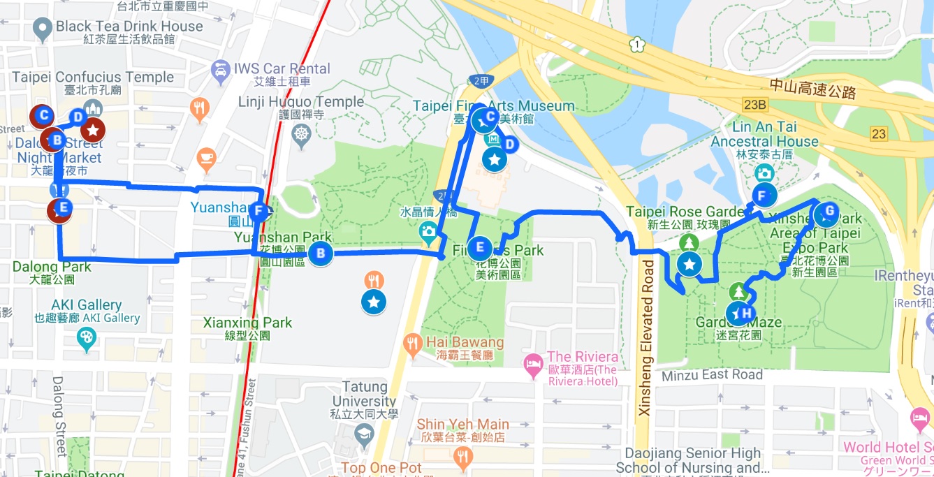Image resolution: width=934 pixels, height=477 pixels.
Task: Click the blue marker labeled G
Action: [x=829, y=211]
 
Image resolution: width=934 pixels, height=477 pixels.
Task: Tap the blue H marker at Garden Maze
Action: [x=746, y=314]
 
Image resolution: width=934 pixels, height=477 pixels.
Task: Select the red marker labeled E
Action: [x=61, y=208]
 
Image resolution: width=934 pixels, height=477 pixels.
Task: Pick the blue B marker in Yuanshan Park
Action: [x=320, y=254]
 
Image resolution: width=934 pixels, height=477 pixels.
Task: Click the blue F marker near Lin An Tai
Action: [x=762, y=196]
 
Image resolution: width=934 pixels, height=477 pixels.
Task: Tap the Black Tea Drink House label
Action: [x=129, y=27]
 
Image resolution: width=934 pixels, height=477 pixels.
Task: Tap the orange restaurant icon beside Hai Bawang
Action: [x=413, y=342]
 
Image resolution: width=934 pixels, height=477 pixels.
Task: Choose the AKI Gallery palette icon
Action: [x=87, y=337]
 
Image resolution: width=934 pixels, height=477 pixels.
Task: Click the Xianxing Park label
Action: [x=247, y=323]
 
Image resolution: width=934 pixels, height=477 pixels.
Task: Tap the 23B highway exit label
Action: [x=755, y=105]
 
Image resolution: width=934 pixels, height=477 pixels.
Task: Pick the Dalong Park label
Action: [x=52, y=267]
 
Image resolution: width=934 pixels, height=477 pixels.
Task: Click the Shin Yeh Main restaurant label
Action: [x=462, y=425]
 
